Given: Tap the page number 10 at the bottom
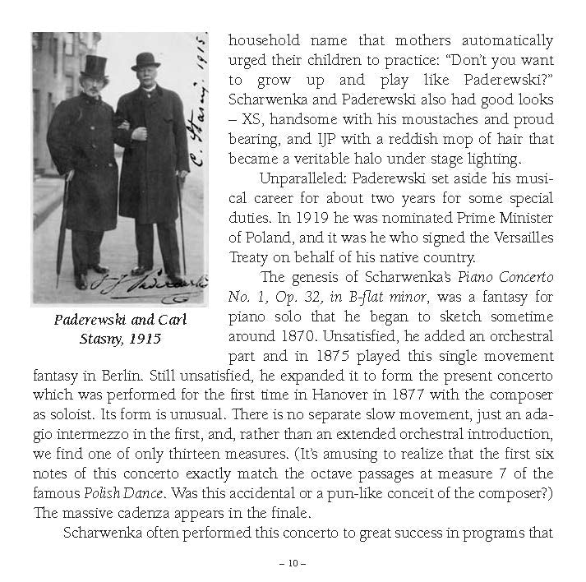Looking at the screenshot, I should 293,564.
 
